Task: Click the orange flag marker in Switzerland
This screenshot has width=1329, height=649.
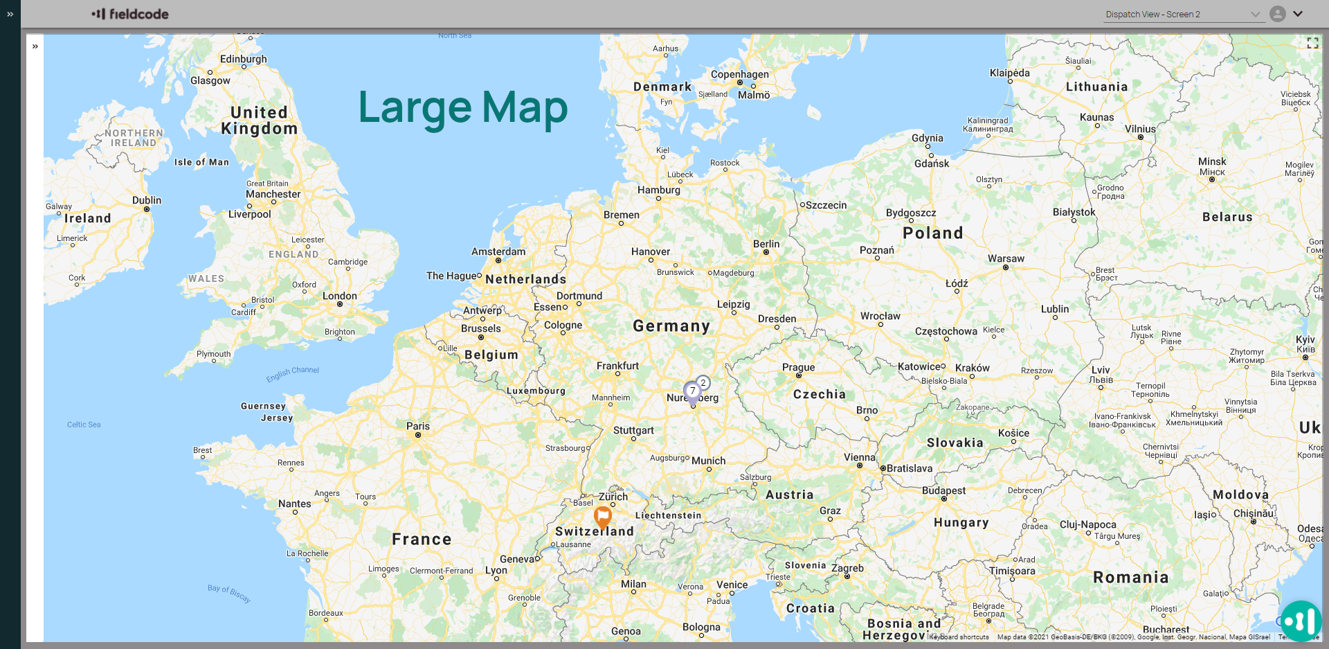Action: (x=603, y=516)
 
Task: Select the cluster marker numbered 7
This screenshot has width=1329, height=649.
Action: (x=692, y=391)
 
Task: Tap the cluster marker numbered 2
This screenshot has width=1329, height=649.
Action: (x=703, y=382)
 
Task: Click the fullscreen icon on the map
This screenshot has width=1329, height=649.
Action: (x=1312, y=43)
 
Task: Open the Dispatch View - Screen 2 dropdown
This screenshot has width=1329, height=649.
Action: (x=1184, y=15)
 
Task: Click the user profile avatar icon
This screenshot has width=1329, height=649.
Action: (x=1278, y=14)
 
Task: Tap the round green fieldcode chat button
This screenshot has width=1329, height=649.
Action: (x=1301, y=621)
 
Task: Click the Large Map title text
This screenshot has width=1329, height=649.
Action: (x=462, y=108)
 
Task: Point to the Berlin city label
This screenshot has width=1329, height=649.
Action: (x=766, y=244)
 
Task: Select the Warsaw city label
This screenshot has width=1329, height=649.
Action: (x=1006, y=258)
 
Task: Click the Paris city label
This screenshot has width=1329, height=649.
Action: (x=418, y=426)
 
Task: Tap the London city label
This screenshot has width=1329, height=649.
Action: (x=340, y=296)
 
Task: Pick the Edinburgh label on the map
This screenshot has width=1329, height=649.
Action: (x=243, y=59)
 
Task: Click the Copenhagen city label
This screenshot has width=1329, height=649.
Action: (x=739, y=74)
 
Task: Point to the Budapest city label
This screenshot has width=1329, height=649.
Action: (x=943, y=490)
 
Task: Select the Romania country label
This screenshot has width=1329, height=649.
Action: (x=1130, y=577)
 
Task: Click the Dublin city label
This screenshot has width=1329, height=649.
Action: (x=147, y=200)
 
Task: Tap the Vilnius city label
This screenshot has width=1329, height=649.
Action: (x=1140, y=129)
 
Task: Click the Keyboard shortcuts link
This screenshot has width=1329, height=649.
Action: (x=959, y=637)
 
